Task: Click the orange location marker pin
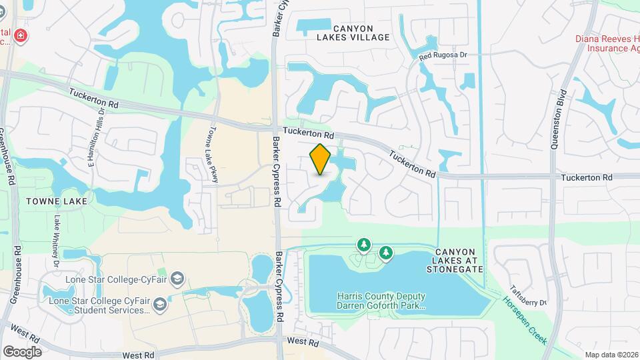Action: (x=321, y=159)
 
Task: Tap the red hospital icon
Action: (x=21, y=35)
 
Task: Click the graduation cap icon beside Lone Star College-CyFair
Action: (x=177, y=277)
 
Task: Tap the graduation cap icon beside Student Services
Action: (x=160, y=305)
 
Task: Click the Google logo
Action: (x=22, y=351)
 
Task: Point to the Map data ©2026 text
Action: (x=611, y=355)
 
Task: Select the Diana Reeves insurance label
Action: (x=607, y=43)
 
